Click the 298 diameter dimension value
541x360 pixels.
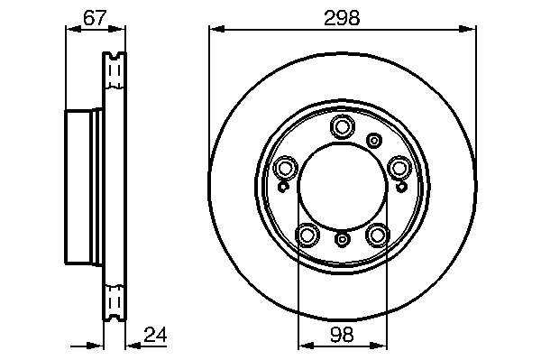(342, 18)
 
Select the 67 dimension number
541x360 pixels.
(95, 18)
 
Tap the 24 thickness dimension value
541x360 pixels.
(155, 335)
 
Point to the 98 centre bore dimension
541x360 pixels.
(342, 335)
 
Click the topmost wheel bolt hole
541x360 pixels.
(342, 126)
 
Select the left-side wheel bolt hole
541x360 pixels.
(285, 168)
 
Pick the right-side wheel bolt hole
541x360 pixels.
(399, 168)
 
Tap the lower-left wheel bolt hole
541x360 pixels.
(307, 235)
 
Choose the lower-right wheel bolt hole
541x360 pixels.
(378, 235)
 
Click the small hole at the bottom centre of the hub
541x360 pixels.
(342, 239)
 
